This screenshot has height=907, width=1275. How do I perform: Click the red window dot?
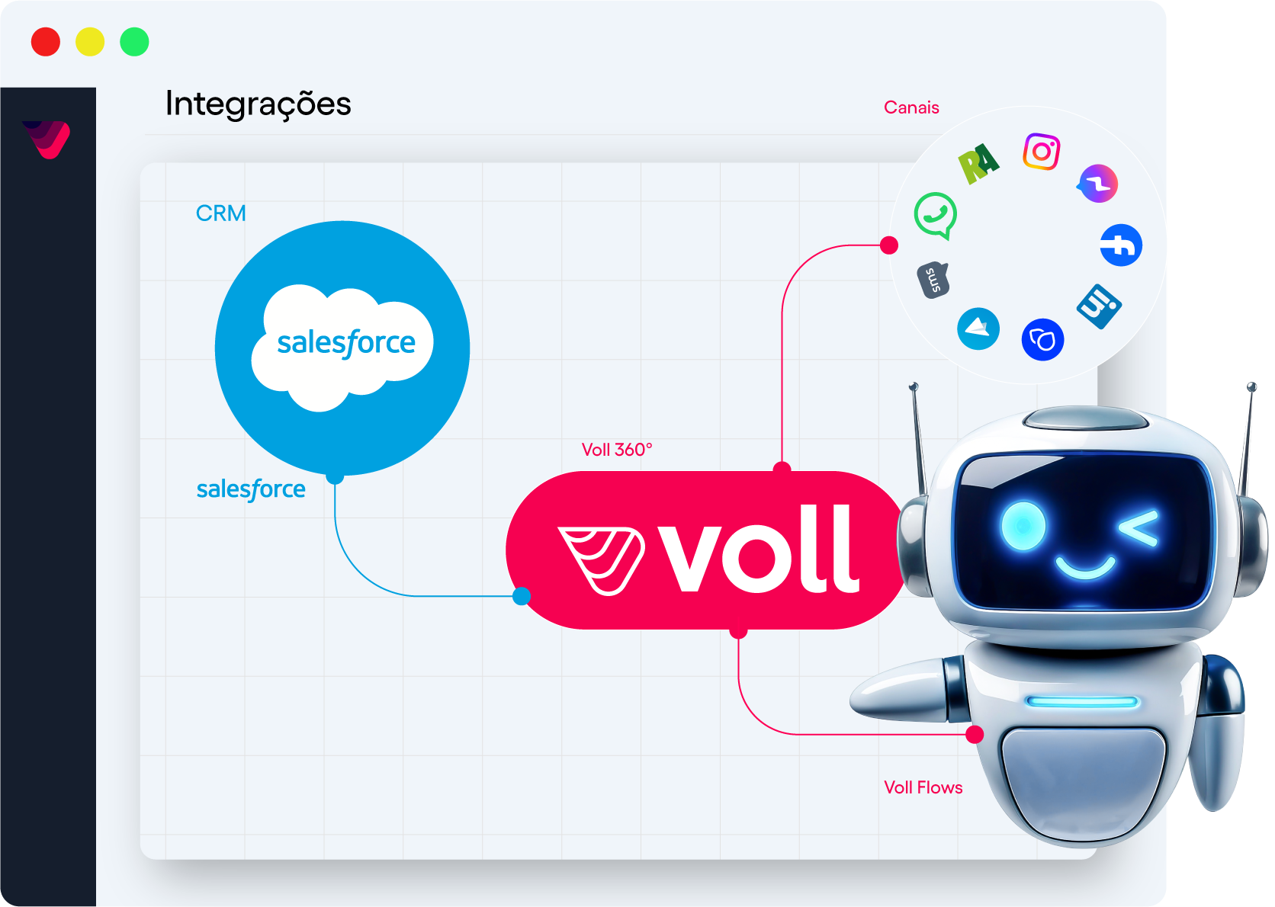[x=46, y=42]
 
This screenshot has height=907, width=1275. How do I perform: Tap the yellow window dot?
[x=90, y=42]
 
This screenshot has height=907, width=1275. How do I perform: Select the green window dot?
[x=134, y=42]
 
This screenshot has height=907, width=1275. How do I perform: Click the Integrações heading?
[x=258, y=104]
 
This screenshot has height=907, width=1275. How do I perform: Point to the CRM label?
[x=221, y=213]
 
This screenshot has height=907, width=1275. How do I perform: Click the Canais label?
[x=911, y=107]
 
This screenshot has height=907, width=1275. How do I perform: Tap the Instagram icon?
[x=1042, y=152]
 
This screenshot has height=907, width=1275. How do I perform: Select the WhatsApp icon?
[x=936, y=215]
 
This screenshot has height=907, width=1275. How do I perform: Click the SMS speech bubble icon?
[x=933, y=280]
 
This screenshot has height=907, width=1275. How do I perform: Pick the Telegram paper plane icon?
[x=978, y=329]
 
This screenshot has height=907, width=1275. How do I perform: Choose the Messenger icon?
[x=1098, y=184]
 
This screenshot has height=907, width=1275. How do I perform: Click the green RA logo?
[x=978, y=163]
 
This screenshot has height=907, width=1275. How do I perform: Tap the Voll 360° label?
[x=617, y=450]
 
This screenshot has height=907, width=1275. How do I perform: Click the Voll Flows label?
[x=923, y=787]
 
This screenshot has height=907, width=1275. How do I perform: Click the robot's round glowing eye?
[x=1023, y=525]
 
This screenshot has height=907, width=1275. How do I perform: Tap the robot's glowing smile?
[x=1084, y=567]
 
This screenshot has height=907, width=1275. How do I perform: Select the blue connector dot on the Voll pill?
[x=522, y=596]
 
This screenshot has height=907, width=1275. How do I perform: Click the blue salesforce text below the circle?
[x=251, y=489]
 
